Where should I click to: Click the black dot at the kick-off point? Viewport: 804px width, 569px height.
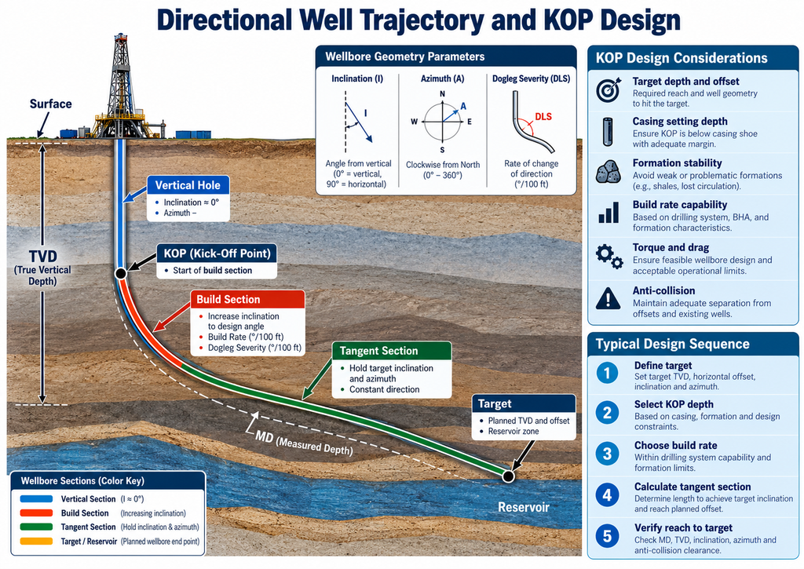(x=120, y=273)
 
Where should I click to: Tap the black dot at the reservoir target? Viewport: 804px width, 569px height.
(x=508, y=476)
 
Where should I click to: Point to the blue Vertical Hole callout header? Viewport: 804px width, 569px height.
(x=188, y=185)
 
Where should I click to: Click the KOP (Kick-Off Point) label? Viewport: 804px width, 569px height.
(x=217, y=253)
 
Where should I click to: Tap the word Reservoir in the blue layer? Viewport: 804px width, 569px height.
(x=524, y=507)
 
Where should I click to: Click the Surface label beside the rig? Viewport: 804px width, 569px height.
(x=51, y=104)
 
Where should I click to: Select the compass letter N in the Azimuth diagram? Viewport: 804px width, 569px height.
(x=443, y=94)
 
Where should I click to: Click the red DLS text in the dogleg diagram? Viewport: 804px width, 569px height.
(x=543, y=116)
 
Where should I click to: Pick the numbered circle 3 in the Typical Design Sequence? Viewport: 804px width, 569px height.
(x=607, y=454)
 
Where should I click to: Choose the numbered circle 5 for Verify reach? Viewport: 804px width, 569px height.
(x=607, y=536)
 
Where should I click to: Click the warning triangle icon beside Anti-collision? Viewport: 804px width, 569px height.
(x=608, y=297)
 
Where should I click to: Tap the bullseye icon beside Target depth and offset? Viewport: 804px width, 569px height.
(x=608, y=89)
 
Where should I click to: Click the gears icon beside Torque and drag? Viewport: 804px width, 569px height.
(x=609, y=257)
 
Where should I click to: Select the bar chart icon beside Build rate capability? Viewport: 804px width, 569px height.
(x=608, y=213)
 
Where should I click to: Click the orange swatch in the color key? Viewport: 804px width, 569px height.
(x=36, y=541)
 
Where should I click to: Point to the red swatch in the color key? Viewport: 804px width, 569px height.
(x=36, y=512)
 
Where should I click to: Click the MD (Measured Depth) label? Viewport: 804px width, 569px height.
(x=304, y=443)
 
